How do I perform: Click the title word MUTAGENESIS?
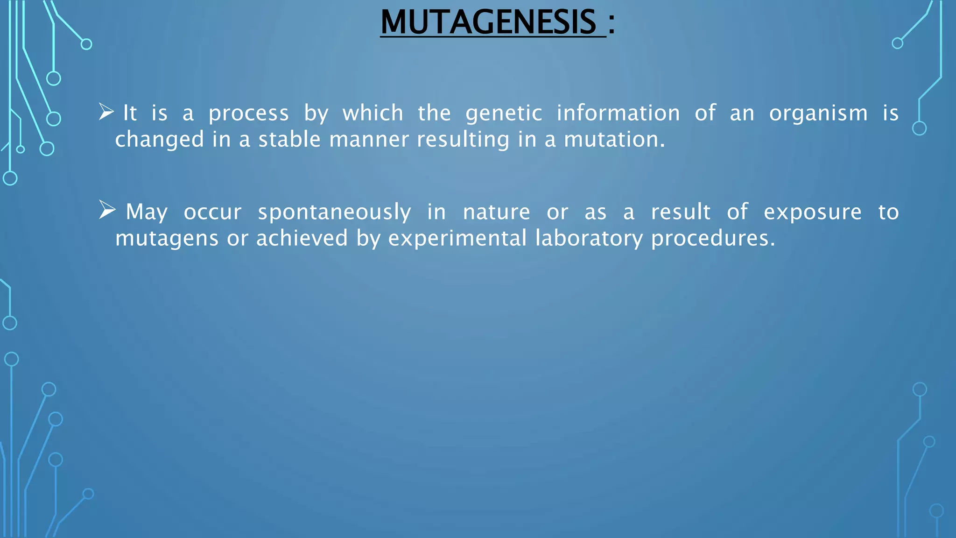488,22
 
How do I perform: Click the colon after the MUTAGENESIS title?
612,23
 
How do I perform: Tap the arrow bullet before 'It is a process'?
106,112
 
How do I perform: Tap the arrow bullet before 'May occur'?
107,210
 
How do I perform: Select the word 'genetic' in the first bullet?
504,114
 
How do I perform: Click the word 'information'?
618,113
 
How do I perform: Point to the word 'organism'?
818,114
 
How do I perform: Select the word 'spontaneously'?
334,213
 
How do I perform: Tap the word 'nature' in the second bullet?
496,212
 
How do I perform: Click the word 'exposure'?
812,213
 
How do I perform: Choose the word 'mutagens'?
167,239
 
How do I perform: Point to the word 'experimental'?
457,239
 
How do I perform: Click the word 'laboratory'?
589,239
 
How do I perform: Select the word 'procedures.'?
713,239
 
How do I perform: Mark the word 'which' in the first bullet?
373,113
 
